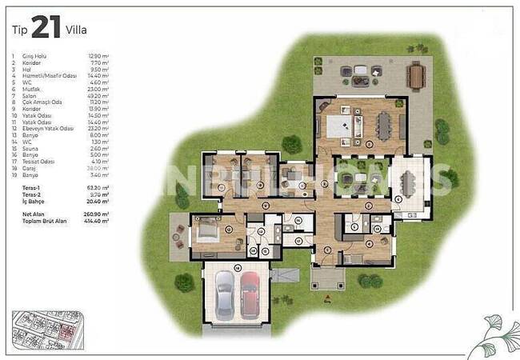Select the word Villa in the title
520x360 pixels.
[x=78, y=30]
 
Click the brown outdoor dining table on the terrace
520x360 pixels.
[x=414, y=77]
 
